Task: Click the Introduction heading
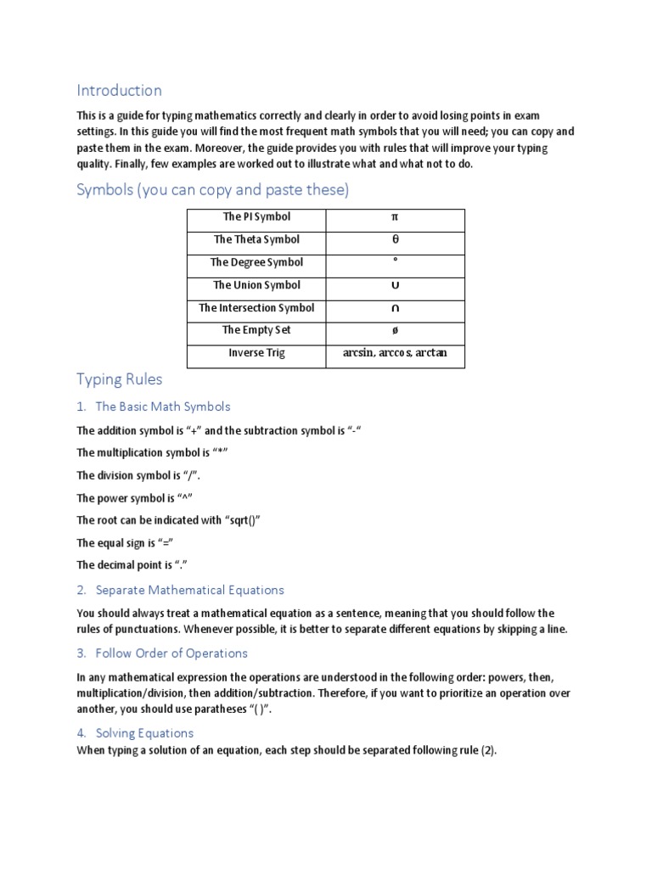tap(119, 90)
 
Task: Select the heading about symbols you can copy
tap(212, 189)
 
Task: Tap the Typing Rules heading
tap(119, 378)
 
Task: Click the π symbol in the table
tap(395, 217)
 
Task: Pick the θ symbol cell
tap(395, 240)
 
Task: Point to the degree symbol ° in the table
tap(395, 262)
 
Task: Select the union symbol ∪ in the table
tap(395, 286)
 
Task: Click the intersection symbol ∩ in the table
tap(395, 309)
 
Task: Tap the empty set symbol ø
tap(395, 331)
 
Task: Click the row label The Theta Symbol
tap(256, 240)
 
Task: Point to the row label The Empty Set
tap(256, 331)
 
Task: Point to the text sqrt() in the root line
tap(240, 520)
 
